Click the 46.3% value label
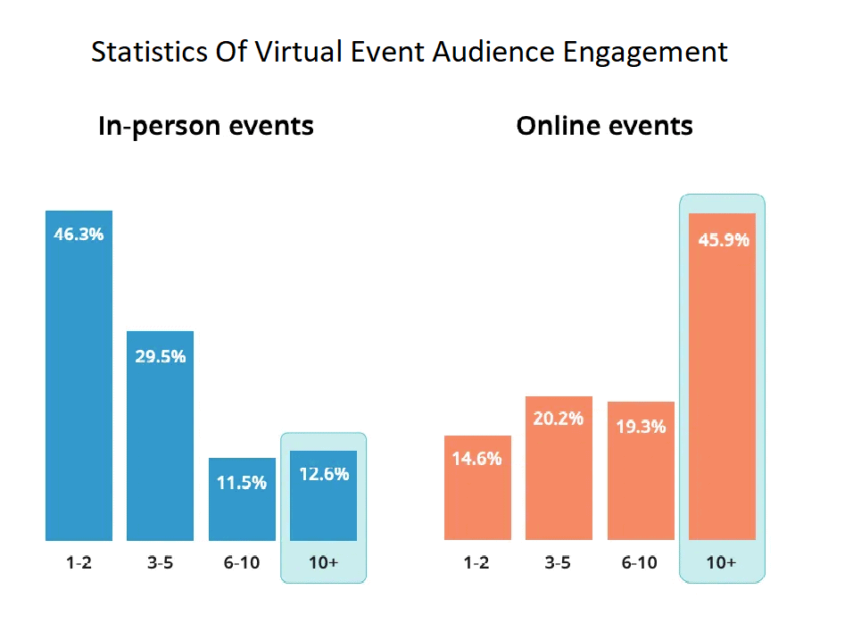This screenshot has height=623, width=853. click(x=79, y=235)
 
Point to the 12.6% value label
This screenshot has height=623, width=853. click(x=323, y=474)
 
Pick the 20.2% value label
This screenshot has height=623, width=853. click(x=559, y=418)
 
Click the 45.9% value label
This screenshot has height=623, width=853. click(x=722, y=240)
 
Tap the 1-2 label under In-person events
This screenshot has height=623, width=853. click(x=79, y=563)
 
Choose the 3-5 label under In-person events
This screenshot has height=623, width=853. click(x=160, y=563)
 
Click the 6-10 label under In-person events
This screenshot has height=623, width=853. click(x=242, y=563)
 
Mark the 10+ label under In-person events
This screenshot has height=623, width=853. click(x=323, y=563)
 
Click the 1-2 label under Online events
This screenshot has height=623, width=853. click(x=477, y=563)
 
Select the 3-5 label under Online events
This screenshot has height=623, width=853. click(x=559, y=563)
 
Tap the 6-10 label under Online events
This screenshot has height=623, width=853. click(x=641, y=563)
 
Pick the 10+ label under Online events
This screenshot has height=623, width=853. click(x=722, y=563)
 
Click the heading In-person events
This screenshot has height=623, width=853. click(x=206, y=126)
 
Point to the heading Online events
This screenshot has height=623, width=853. click(x=604, y=126)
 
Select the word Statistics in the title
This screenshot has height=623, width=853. click(x=148, y=53)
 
